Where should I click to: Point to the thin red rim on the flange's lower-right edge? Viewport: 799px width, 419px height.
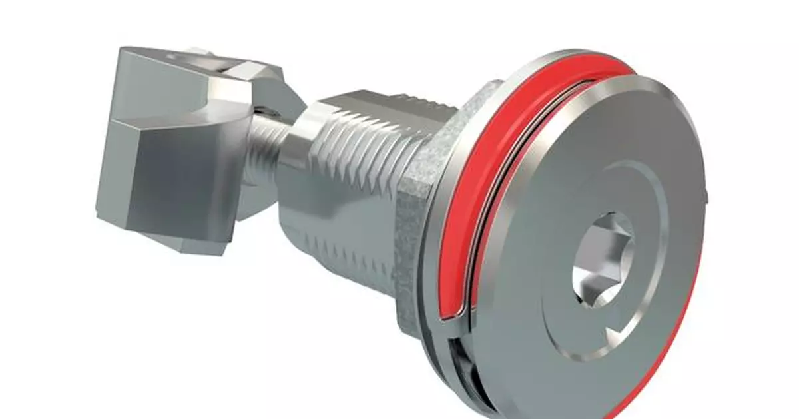click(672, 346)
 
